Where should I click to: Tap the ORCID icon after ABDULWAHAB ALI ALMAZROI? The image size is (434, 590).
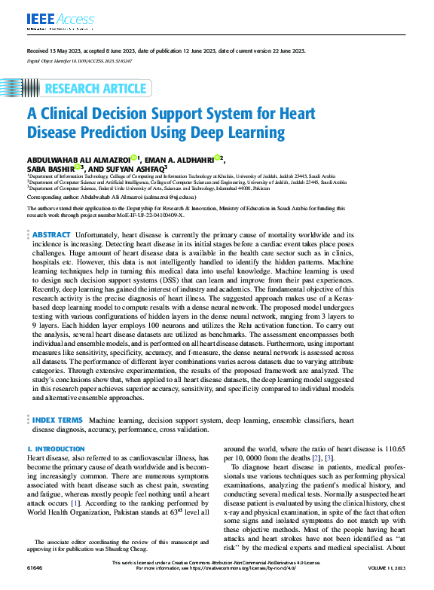tap(133, 158)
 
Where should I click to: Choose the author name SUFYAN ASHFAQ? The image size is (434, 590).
tap(128, 169)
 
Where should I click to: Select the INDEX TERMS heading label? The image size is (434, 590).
tap(57, 419)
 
